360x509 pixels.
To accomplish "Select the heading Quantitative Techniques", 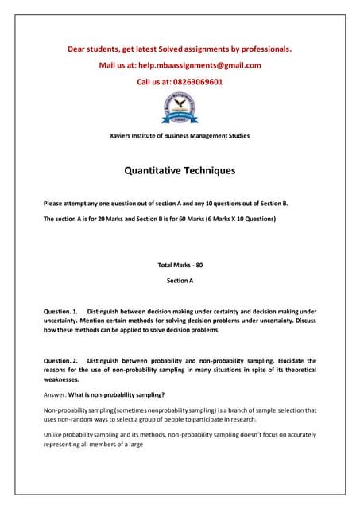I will (180, 170).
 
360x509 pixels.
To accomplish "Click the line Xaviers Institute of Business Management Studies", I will (179, 136).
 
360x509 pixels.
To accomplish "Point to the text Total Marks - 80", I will (180, 265).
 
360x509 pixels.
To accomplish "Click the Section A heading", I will (180, 281).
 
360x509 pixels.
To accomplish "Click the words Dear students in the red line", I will (95, 49).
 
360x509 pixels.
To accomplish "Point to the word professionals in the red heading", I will (266, 49).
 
